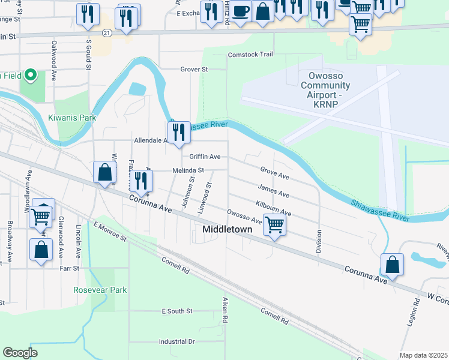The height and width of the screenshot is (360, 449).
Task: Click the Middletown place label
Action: tap(227, 230)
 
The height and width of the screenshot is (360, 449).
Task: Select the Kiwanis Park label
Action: tap(72, 118)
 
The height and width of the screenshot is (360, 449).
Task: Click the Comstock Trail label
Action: tap(250, 55)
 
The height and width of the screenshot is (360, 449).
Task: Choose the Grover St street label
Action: tap(194, 70)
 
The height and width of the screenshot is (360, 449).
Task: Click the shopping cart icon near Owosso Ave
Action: tap(274, 225)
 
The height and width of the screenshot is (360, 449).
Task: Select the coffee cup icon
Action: tap(241, 11)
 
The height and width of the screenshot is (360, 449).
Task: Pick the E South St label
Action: tap(176, 311)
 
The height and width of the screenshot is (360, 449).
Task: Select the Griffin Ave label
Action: tap(205, 157)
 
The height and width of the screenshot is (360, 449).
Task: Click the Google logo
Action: tap(20, 353)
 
